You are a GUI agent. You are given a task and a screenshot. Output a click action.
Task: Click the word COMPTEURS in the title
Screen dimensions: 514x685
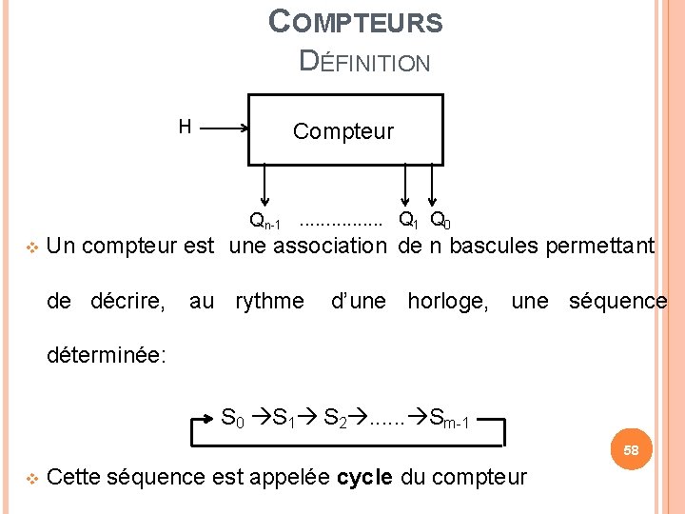(356, 21)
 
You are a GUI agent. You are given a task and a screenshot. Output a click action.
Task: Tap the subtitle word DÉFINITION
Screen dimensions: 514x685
(364, 62)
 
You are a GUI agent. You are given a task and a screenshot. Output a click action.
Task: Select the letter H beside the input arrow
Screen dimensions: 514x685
(185, 127)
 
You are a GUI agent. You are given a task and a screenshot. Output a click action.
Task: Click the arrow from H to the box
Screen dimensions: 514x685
(225, 128)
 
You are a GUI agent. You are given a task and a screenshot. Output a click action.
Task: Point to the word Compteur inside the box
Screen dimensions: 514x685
(342, 131)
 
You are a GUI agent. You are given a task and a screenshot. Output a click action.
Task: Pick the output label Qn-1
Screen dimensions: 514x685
(264, 222)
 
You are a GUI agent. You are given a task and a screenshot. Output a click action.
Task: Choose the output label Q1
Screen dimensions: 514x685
(407, 221)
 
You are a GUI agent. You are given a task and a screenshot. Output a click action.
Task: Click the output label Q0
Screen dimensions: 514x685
(440, 221)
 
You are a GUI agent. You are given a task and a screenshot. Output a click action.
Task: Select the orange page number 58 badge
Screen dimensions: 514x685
(632, 448)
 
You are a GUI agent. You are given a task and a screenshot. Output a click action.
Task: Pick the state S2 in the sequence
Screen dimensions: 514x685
(335, 417)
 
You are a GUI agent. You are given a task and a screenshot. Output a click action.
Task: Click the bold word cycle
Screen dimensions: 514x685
(364, 477)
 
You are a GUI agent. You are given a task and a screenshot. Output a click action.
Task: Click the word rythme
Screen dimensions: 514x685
(269, 302)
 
